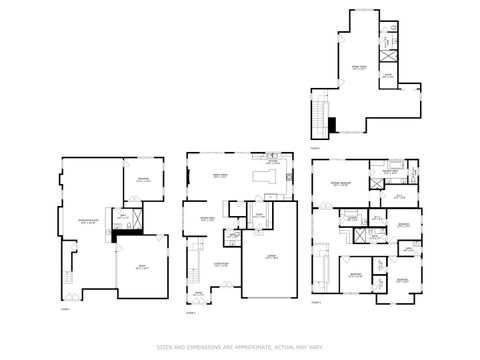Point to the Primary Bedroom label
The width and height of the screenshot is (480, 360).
[340, 185]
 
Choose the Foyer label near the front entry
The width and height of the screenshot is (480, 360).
[198, 294]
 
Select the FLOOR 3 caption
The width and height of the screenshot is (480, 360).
[316, 301]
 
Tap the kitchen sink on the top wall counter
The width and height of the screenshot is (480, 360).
[272, 156]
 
